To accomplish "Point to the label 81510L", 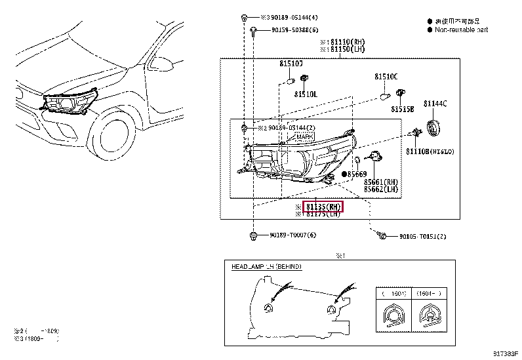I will point(306,94).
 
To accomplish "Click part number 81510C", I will point(386,77).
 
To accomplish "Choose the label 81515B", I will point(403,109).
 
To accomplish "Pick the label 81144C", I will point(435,104).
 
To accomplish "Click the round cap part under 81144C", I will point(433,128).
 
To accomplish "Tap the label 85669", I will point(357,174).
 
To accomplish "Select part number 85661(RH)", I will point(382,182).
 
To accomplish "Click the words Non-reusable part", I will point(462,30).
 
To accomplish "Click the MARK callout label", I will point(304,136).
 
